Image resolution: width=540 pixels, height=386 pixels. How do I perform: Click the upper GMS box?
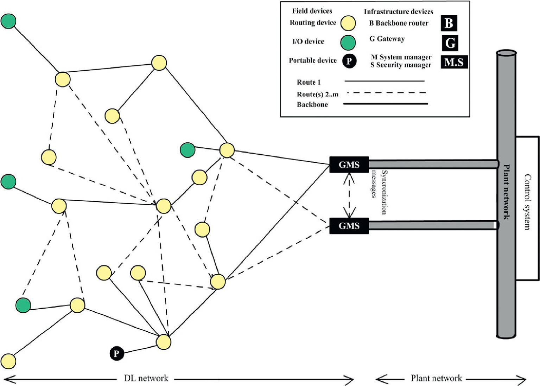pyautogui.click(x=349, y=165)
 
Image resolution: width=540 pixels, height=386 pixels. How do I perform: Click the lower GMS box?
pyautogui.click(x=349, y=225)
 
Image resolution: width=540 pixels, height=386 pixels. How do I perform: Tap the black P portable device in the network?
pyautogui.click(x=117, y=353)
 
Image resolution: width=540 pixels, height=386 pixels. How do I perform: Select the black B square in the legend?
pyautogui.click(x=449, y=23)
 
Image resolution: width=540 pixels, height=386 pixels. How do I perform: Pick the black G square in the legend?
pyautogui.click(x=450, y=43)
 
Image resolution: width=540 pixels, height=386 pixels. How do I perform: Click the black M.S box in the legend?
pyautogui.click(x=454, y=62)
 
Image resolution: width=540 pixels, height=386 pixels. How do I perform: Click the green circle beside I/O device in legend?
pyautogui.click(x=348, y=43)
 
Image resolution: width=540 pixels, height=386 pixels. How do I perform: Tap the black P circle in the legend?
pyautogui.click(x=349, y=61)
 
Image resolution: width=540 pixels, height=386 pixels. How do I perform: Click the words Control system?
pyautogui.click(x=527, y=202)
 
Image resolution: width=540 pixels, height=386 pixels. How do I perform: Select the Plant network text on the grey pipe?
pyautogui.click(x=506, y=192)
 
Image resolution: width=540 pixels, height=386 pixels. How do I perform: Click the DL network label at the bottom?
pyautogui.click(x=146, y=378)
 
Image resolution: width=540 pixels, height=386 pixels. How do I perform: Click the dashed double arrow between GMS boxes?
pyautogui.click(x=349, y=195)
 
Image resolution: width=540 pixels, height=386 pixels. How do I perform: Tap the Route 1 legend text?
pyautogui.click(x=309, y=82)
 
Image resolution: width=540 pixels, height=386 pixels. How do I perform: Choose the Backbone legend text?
pyautogui.click(x=312, y=104)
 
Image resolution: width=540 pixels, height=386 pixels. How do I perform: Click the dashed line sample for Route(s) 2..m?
pyautogui.click(x=386, y=93)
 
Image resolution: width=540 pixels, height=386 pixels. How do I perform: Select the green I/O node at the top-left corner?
pyautogui.click(x=8, y=21)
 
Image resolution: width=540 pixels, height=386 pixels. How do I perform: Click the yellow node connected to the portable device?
pyautogui.click(x=164, y=342)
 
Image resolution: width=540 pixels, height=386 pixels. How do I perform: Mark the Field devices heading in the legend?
pyautogui.click(x=312, y=11)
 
